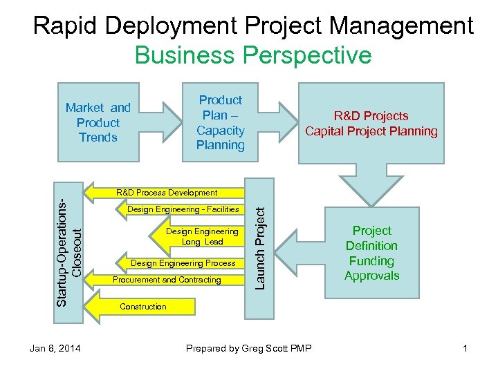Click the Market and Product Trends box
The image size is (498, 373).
98,122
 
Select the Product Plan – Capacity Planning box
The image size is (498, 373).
220,122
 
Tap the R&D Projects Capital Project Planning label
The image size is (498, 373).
371,124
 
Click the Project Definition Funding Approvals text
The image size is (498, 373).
371,253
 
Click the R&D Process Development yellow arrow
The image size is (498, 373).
166,193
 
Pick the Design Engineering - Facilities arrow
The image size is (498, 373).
183,209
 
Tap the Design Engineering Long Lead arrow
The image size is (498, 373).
201,236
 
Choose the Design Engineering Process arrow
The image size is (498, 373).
183,263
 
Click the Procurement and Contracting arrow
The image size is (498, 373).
166,280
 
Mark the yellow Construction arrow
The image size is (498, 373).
143,306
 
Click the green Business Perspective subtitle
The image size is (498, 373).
253,55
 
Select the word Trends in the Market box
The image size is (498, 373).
98,137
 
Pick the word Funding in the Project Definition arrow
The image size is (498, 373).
371,260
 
